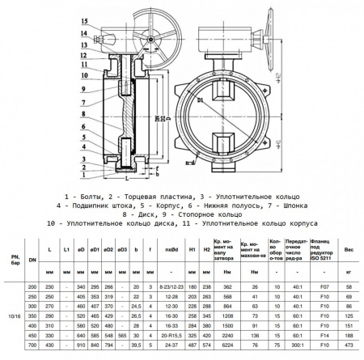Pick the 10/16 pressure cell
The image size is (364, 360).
tap(12, 315)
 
